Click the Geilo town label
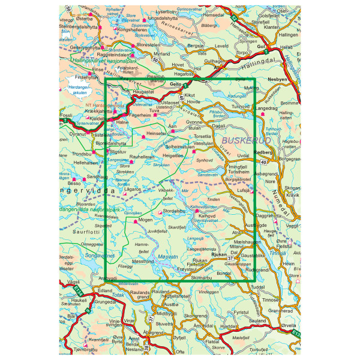tap(175, 85)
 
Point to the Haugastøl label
tap(144, 92)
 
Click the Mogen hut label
tap(146, 220)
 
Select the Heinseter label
tap(155, 134)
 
